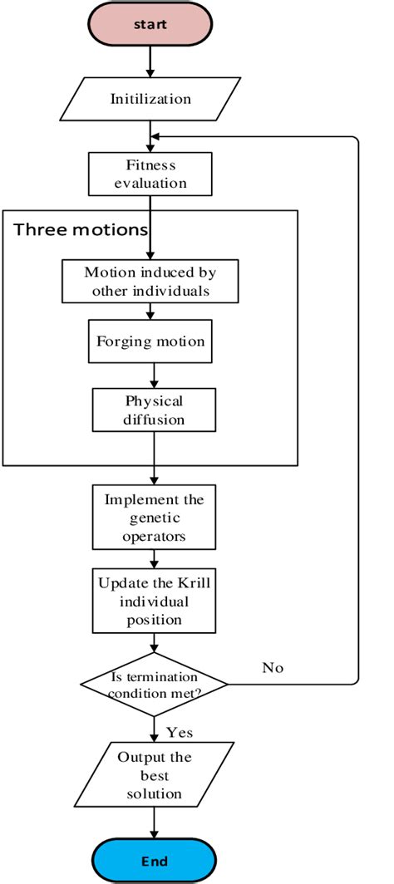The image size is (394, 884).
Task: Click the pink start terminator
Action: pyautogui.click(x=150, y=24)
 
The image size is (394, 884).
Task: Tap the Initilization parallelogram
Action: pyautogui.click(x=150, y=99)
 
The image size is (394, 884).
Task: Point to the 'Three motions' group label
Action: pyautogui.click(x=81, y=229)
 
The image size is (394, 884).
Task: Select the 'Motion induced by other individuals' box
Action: pyautogui.click(x=150, y=281)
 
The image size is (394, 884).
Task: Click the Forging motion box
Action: pyautogui.click(x=150, y=341)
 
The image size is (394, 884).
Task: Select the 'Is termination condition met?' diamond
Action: pyautogui.click(x=155, y=684)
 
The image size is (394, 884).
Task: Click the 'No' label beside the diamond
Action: pyautogui.click(x=273, y=666)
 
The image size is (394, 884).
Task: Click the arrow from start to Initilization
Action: pyautogui.click(x=150, y=63)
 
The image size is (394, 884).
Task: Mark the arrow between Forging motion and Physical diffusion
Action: pyautogui.click(x=150, y=375)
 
